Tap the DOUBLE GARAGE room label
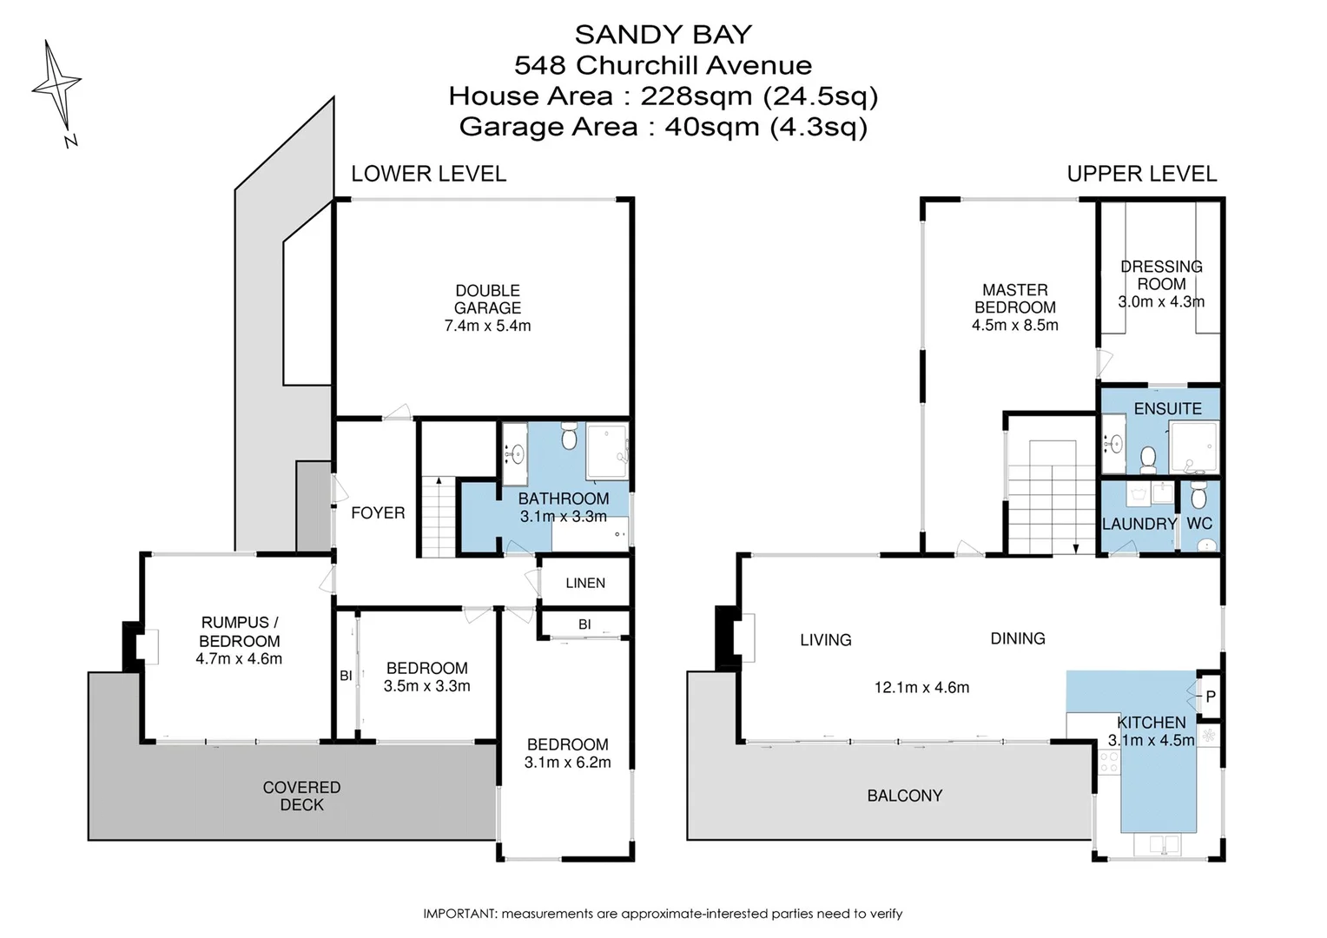point(487,300)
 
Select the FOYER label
point(378,513)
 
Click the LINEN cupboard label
point(585,583)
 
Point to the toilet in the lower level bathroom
point(569,436)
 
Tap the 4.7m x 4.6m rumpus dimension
point(239,659)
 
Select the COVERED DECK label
point(301,796)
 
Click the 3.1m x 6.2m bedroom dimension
point(567,763)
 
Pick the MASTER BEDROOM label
point(1014,299)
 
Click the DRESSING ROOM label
point(1161,275)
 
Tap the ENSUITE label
point(1167,408)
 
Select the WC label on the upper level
point(1199,524)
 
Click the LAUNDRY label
point(1139,524)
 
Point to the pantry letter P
point(1211,697)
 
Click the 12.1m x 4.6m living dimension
point(921,688)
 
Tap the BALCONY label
point(904,796)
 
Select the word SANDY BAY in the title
point(663,35)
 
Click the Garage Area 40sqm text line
point(663,127)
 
